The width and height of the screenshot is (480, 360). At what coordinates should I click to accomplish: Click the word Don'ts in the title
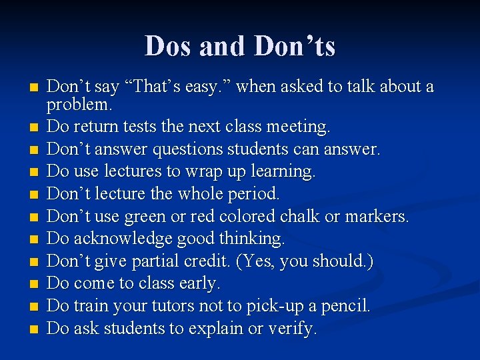[295, 46]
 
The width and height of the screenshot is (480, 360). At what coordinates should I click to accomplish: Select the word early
[199, 283]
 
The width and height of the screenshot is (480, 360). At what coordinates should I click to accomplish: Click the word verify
[292, 329]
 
